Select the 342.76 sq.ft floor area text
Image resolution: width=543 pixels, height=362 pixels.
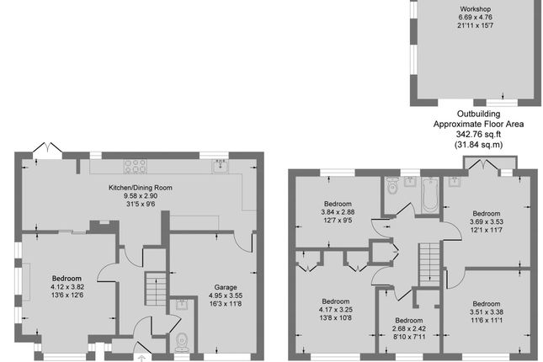[478, 134]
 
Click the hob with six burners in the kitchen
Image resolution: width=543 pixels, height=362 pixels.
[136, 165]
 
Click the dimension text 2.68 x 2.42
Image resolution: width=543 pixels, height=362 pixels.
[408, 329]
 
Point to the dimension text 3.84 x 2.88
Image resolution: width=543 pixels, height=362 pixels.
[338, 213]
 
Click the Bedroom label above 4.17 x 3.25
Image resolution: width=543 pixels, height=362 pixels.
[335, 301]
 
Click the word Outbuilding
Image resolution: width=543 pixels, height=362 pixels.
[478, 114]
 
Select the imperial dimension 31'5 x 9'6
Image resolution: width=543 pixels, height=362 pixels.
[140, 204]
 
